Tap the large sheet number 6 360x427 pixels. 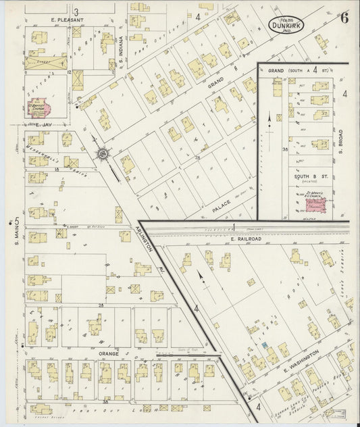point(344,18)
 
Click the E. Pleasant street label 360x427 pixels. point(66,20)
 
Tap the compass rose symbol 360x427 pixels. point(103,155)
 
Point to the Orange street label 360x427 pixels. point(109,353)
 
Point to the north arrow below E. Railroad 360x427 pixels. point(201,277)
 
